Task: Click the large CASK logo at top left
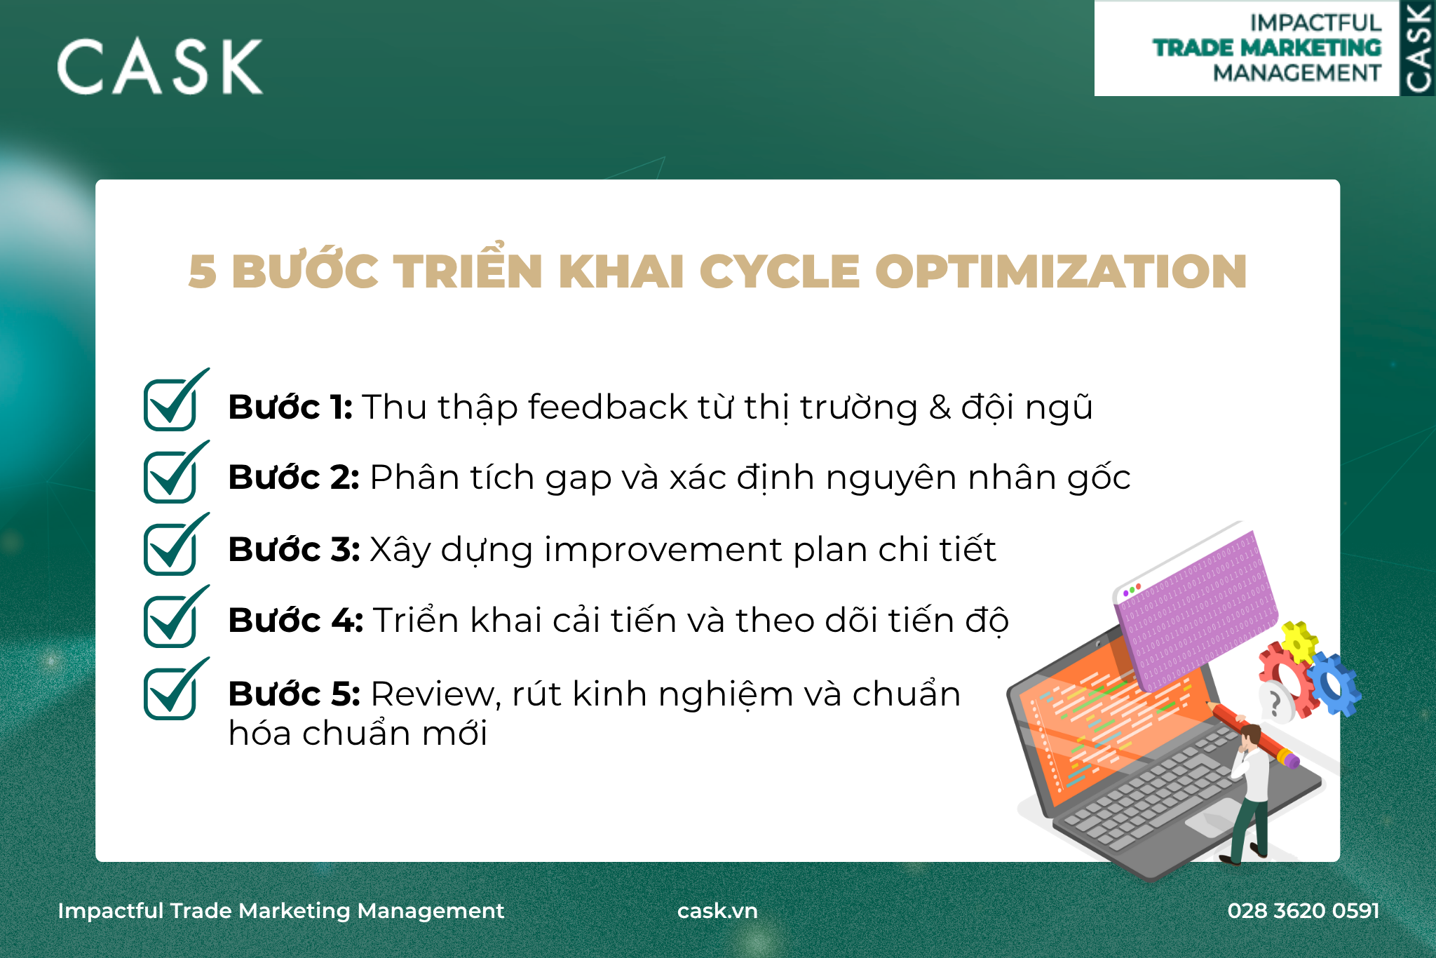[160, 67]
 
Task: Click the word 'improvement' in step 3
[663, 551]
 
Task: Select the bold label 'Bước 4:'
[295, 620]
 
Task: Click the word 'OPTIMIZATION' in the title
[1061, 271]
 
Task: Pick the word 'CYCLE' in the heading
[780, 271]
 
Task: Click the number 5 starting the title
[203, 272]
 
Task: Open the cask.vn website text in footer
[717, 910]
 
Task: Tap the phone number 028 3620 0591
[1303, 910]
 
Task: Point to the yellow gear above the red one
[1299, 641]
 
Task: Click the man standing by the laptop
[1247, 792]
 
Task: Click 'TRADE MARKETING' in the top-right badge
[1267, 48]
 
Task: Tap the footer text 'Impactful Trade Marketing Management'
[281, 910]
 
